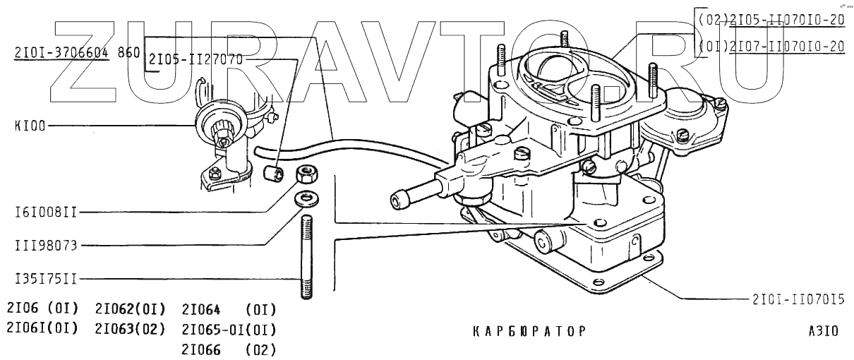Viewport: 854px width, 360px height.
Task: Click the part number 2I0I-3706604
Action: pyautogui.click(x=61, y=53)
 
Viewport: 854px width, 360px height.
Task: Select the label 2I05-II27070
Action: pyautogui.click(x=196, y=60)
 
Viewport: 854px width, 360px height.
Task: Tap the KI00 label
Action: pyautogui.click(x=30, y=126)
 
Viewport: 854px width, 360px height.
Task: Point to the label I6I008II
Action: pyautogui.click(x=46, y=212)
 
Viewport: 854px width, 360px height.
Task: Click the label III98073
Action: pyautogui.click(x=46, y=246)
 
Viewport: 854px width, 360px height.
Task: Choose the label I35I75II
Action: pyautogui.click(x=46, y=280)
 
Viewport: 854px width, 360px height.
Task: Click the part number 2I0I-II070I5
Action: pyautogui.click(x=798, y=299)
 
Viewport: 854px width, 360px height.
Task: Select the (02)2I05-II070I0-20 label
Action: pyautogui.click(x=771, y=20)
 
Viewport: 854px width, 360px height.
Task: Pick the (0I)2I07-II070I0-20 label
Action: pyautogui.click(x=771, y=47)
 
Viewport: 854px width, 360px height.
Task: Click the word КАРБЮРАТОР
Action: pyautogui.click(x=529, y=331)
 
